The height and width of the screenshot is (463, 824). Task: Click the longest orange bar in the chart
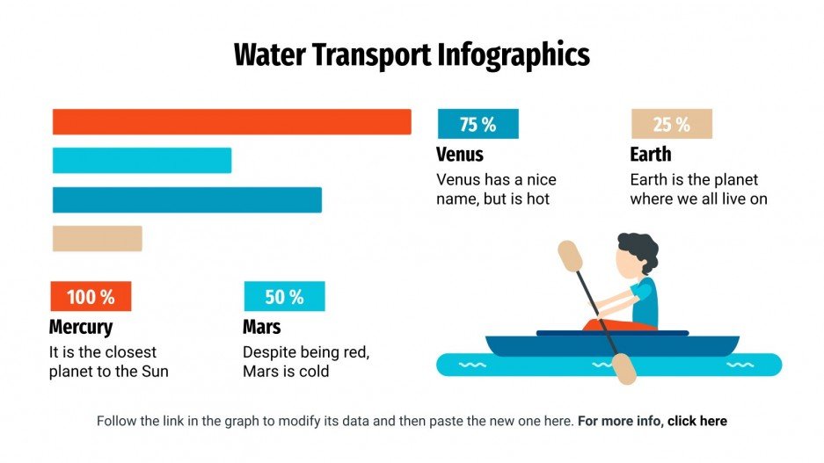click(231, 121)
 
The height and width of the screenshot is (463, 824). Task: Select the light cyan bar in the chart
click(142, 161)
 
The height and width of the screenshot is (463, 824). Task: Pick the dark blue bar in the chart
click(186, 199)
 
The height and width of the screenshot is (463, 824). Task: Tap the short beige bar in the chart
click(97, 238)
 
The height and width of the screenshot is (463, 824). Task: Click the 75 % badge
click(478, 125)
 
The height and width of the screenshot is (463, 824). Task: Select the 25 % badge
click(671, 125)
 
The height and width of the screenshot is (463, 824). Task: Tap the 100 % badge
click(91, 297)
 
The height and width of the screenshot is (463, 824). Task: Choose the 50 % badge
click(284, 297)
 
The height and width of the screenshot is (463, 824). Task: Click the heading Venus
click(460, 155)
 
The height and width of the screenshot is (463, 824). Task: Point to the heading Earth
click(651, 155)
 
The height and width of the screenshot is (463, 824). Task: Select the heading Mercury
click(81, 328)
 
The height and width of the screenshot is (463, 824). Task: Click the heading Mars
click(262, 328)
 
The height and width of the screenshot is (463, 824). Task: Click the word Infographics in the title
click(514, 55)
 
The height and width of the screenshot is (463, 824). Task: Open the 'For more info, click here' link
click(653, 421)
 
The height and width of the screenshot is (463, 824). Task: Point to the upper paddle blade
click(571, 256)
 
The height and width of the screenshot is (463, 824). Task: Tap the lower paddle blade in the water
click(623, 369)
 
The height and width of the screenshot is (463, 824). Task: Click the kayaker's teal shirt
click(645, 301)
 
